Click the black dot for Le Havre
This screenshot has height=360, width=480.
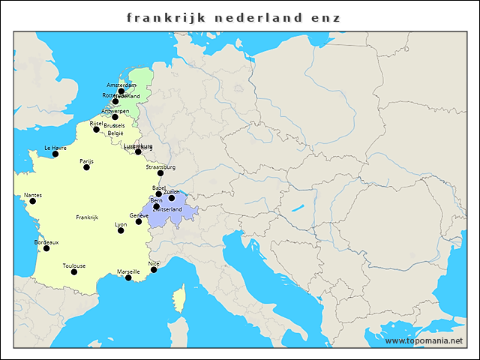pyautogui.click(x=55, y=154)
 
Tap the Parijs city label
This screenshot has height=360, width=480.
pyautogui.click(x=86, y=160)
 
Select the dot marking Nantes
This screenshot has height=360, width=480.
pyautogui.click(x=32, y=201)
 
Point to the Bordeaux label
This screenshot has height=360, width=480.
pyautogui.click(x=46, y=242)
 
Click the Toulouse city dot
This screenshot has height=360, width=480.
pyautogui.click(x=73, y=271)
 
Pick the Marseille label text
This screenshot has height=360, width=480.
pyautogui.click(x=128, y=271)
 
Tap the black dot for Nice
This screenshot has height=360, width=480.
pyautogui.click(x=154, y=269)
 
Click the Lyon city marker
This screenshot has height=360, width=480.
pyautogui.click(x=121, y=230)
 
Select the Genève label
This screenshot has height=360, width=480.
pyautogui.click(x=139, y=215)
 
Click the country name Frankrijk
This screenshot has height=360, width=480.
pyautogui.click(x=87, y=217)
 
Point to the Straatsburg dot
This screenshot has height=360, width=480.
pyautogui.click(x=160, y=173)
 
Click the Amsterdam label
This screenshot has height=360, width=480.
pyautogui.click(x=121, y=85)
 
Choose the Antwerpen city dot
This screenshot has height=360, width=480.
pyautogui.click(x=115, y=117)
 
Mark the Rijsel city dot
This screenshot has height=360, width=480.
pyautogui.click(x=96, y=129)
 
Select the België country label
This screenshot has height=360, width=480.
pyautogui.click(x=115, y=133)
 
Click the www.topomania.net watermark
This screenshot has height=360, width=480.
pyautogui.click(x=424, y=340)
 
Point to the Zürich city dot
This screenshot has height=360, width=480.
pyautogui.click(x=171, y=198)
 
